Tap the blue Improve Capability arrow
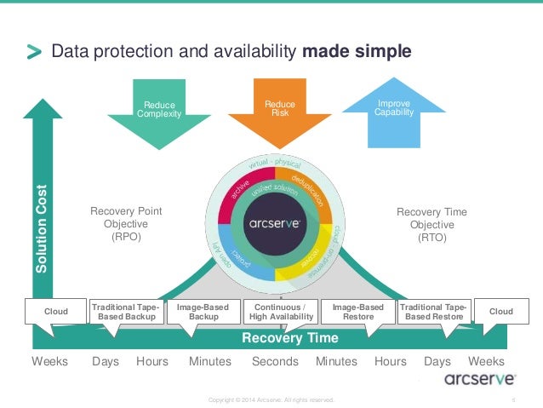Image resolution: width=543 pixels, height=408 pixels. [392, 109]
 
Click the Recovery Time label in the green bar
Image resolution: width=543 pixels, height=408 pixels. [289, 338]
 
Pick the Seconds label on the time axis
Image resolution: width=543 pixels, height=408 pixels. [275, 361]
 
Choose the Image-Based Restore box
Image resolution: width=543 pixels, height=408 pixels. [357, 311]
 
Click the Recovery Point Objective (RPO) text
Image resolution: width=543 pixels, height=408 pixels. [126, 224]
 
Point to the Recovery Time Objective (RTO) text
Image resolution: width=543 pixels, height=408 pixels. [432, 224]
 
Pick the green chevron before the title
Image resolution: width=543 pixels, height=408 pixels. [33, 53]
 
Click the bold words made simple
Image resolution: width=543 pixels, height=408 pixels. [357, 52]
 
